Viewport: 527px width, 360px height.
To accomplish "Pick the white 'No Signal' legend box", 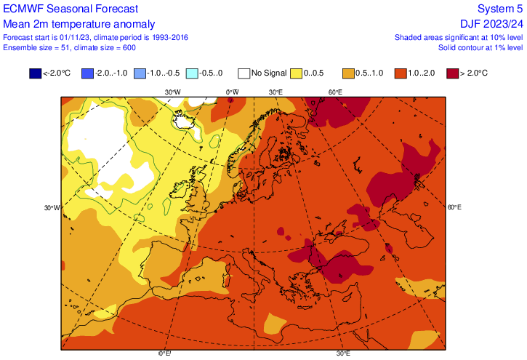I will [x=244, y=73].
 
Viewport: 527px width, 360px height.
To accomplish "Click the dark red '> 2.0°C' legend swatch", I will [x=453, y=73].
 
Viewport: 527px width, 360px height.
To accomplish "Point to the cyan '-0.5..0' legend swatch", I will [x=192, y=73].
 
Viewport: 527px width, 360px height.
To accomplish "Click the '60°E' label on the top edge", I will [x=334, y=92].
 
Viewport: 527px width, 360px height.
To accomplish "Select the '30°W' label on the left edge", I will [x=52, y=207].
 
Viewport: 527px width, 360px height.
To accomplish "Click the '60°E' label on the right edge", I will [x=454, y=207].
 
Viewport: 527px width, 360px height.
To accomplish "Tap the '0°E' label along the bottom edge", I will [x=165, y=354].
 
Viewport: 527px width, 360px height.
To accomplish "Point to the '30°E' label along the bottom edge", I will [x=343, y=354].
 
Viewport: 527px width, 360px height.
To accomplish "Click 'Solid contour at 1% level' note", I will [x=480, y=47].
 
